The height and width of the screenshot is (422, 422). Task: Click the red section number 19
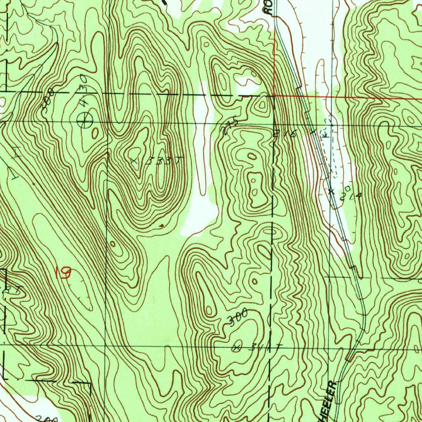tap(63, 273)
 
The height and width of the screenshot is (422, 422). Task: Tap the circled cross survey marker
tap(85, 120)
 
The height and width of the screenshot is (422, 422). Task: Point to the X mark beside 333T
tap(133, 161)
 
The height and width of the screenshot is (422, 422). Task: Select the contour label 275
tap(229, 126)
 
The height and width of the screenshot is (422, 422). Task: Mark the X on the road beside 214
tap(331, 191)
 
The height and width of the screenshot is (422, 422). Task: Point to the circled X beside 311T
tap(236, 347)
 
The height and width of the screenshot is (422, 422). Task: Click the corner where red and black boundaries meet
tap(274, 96)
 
